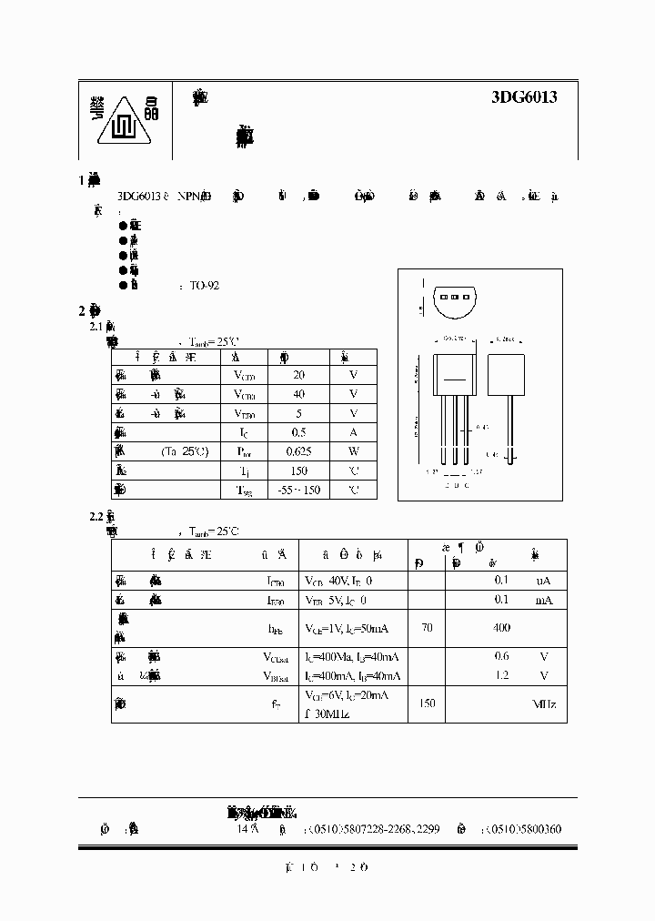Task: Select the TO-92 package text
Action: tap(205, 285)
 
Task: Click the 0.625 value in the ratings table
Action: tap(298, 451)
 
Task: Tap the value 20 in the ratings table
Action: tap(298, 375)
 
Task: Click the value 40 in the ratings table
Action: tap(298, 394)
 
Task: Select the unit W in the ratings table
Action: tap(353, 451)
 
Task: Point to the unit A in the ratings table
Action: tap(353, 432)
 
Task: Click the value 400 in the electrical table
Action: tap(501, 628)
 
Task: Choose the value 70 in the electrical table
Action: tap(427, 628)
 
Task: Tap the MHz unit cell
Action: tap(544, 704)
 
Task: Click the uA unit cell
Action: tap(543, 581)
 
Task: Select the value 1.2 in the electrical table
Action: tap(501, 675)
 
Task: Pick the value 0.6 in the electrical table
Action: tap(501, 656)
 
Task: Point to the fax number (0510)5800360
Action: tap(529, 829)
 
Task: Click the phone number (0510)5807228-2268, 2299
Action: tap(374, 829)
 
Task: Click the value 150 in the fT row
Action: tap(427, 704)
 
